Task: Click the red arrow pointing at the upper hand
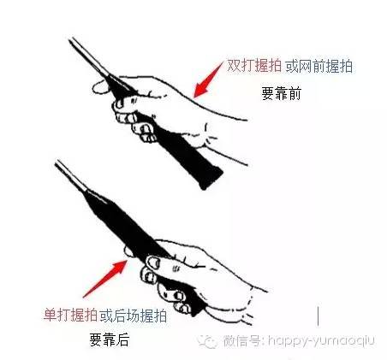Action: pyautogui.click(x=208, y=80)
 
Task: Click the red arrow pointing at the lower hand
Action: pyautogui.click(x=105, y=279)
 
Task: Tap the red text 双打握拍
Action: pyautogui.click(x=254, y=67)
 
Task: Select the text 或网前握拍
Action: pyautogui.click(x=319, y=67)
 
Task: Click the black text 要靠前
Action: pyautogui.click(x=282, y=93)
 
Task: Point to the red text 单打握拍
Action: pyautogui.click(x=70, y=316)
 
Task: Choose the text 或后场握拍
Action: pyautogui.click(x=134, y=316)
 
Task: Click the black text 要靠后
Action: pyautogui.click(x=110, y=339)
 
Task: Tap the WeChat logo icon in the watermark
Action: pyautogui.click(x=207, y=341)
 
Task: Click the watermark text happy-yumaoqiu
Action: pyautogui.click(x=321, y=341)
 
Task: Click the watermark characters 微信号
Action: pyautogui.click(x=241, y=340)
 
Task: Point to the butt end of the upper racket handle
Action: pyautogui.click(x=211, y=179)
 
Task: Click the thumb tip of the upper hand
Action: pyautogui.click(x=98, y=87)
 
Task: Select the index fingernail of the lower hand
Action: pyautogui.click(x=154, y=262)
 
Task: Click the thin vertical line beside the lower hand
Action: pyautogui.click(x=318, y=316)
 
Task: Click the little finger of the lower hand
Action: pyautogui.click(x=182, y=308)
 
